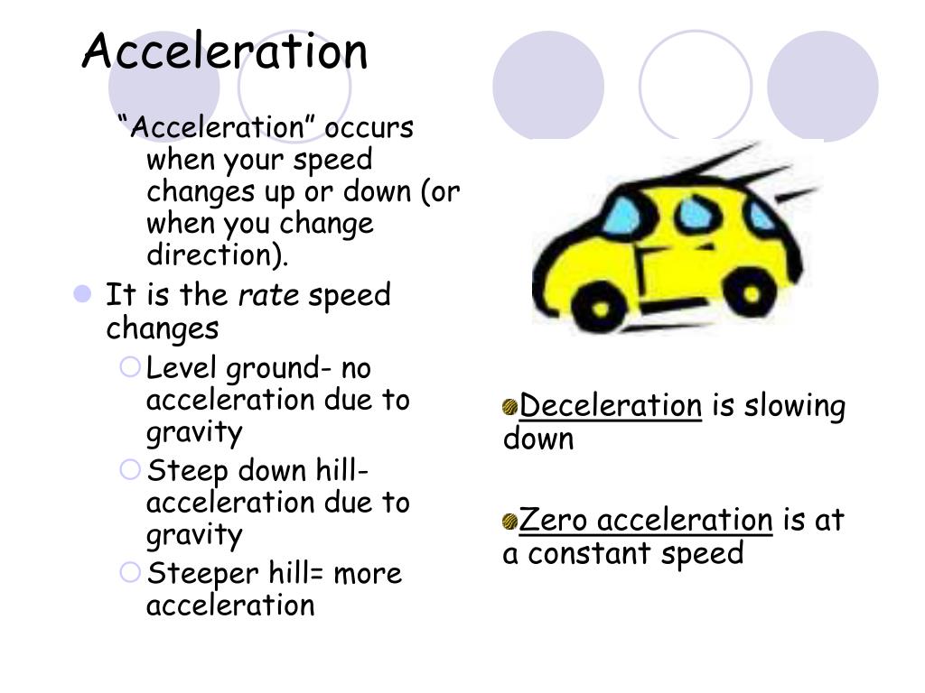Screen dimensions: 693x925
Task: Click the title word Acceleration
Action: [225, 51]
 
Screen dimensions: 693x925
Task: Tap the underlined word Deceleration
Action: [611, 407]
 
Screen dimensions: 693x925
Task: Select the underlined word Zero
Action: [555, 521]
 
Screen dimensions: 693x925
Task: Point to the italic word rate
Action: [268, 296]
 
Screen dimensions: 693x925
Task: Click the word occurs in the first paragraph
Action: [369, 128]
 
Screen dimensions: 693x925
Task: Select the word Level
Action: [182, 369]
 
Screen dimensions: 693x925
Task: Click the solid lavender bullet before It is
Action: [83, 294]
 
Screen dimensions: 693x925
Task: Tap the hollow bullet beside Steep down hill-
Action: [131, 470]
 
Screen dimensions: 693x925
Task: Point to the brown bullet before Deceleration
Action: [511, 408]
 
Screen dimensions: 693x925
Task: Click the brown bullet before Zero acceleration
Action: [511, 522]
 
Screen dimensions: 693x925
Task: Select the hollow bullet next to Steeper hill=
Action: [131, 572]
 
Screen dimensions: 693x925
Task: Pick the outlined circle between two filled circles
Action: [696, 86]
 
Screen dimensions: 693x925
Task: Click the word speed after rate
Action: [350, 296]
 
